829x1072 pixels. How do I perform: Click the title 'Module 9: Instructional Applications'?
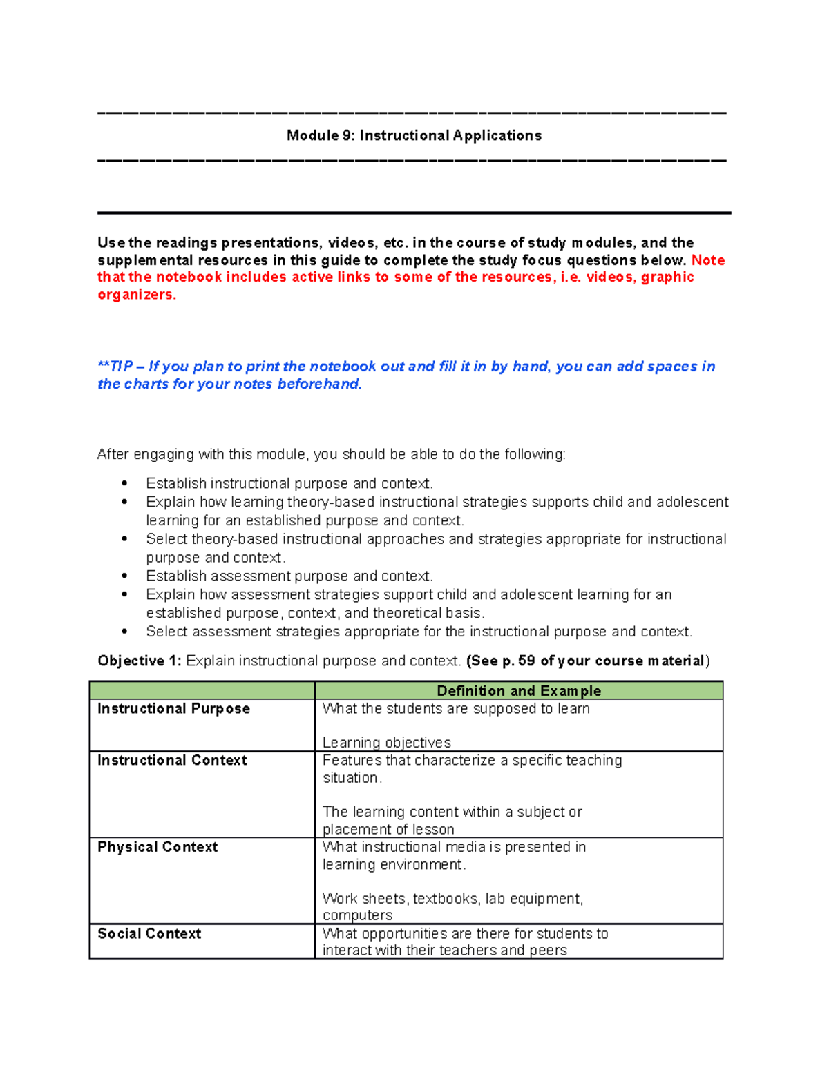click(414, 135)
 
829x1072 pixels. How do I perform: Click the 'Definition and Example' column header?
click(518, 690)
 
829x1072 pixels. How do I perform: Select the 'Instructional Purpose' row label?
click(173, 708)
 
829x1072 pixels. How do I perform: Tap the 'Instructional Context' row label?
click(172, 760)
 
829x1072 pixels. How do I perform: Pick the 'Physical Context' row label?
click(158, 847)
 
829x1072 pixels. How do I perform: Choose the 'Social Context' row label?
click(149, 933)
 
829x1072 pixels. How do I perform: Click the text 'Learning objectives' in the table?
click(386, 743)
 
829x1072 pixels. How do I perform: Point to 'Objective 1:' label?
click(139, 661)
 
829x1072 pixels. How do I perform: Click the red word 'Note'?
click(708, 260)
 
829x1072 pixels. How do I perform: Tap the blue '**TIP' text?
click(115, 367)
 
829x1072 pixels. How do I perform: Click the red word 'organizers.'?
click(137, 295)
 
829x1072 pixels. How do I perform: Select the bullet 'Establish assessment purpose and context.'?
click(289, 576)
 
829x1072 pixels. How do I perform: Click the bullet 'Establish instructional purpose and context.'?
click(289, 483)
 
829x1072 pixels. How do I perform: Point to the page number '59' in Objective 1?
click(526, 661)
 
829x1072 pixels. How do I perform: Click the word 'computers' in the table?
click(357, 915)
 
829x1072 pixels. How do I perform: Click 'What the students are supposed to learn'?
click(456, 708)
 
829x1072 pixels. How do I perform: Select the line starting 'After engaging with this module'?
click(331, 454)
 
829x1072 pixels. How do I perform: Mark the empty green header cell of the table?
click(202, 690)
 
